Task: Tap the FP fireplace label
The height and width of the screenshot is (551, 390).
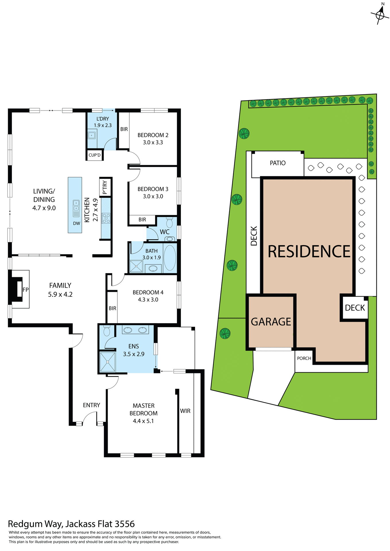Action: (x=26, y=290)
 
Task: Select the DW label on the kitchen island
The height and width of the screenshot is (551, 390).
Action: (x=76, y=223)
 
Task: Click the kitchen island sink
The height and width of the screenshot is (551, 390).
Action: (x=76, y=205)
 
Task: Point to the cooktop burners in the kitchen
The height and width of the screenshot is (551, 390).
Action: (x=106, y=218)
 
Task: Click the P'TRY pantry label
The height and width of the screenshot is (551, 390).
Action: (x=105, y=187)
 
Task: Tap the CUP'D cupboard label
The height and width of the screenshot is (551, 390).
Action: (x=94, y=155)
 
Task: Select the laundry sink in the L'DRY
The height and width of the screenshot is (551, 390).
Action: (x=92, y=135)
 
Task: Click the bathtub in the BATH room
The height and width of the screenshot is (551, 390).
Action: (x=170, y=258)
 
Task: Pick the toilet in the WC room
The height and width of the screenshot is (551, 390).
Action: (x=169, y=223)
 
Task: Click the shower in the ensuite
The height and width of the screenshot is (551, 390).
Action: (x=107, y=362)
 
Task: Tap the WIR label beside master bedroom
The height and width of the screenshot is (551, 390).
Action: (x=185, y=411)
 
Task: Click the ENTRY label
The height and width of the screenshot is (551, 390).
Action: (x=91, y=405)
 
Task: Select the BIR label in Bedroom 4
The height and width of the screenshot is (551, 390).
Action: (x=112, y=308)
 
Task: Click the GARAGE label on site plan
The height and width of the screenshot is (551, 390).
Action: (x=271, y=322)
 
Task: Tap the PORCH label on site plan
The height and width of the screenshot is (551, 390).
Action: (x=304, y=358)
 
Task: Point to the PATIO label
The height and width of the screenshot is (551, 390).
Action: (x=277, y=163)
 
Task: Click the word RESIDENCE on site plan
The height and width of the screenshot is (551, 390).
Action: (x=309, y=251)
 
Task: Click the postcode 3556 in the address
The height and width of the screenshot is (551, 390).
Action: (x=125, y=524)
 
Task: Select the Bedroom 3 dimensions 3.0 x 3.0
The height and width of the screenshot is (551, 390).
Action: (x=153, y=196)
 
